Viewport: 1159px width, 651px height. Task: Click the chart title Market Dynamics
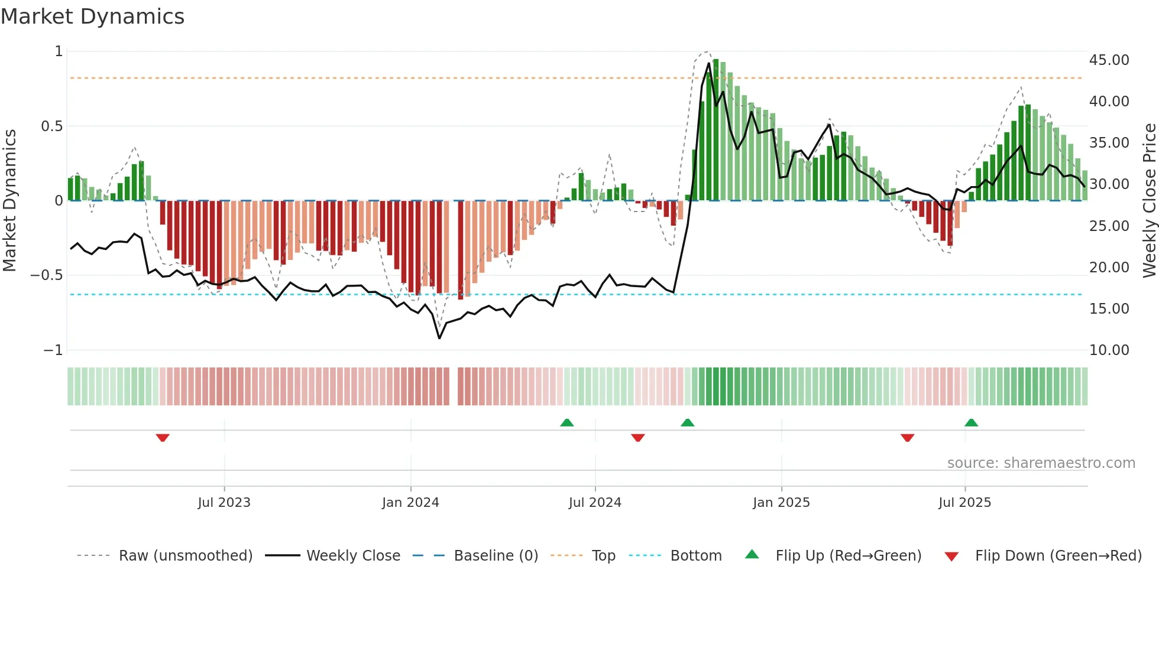point(93,17)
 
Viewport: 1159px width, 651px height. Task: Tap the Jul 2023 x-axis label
point(224,503)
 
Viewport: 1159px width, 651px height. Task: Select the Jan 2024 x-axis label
point(410,503)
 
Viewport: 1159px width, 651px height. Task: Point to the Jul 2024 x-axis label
point(595,503)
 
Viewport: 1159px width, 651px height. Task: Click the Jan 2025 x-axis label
point(781,503)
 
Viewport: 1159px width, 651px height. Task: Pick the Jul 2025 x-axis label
point(964,503)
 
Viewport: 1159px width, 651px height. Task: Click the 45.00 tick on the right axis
point(1109,60)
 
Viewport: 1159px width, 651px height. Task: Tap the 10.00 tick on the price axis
point(1109,350)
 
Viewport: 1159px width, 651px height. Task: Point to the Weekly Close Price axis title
point(1149,200)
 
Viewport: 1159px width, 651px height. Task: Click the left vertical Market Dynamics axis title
point(9,200)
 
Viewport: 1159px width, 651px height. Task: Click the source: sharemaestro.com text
point(1041,463)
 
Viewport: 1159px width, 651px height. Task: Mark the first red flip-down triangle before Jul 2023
point(163,438)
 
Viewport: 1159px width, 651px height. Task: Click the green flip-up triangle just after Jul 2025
point(971,422)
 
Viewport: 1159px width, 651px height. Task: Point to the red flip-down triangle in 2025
point(907,438)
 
